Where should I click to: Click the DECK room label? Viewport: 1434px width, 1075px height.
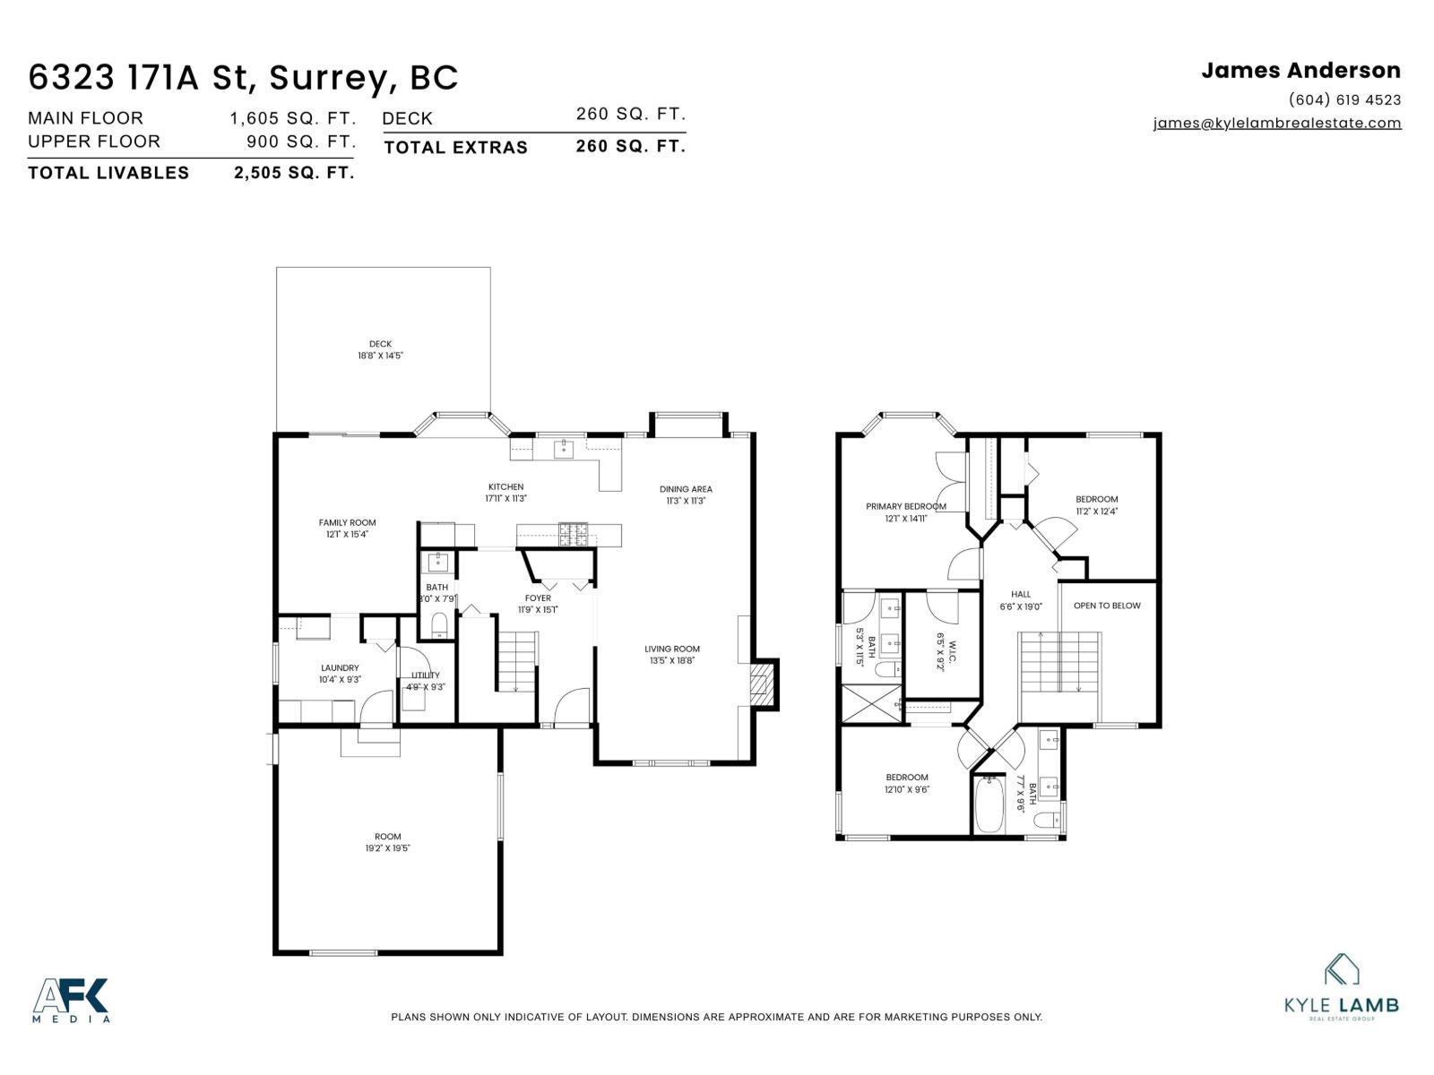tap(380, 344)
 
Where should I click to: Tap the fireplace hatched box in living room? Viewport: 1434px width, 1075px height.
tap(761, 684)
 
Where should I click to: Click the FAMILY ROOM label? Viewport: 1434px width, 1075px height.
tap(347, 522)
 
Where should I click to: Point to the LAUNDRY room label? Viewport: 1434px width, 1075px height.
tap(340, 667)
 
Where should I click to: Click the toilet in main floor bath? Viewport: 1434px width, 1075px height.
tap(439, 624)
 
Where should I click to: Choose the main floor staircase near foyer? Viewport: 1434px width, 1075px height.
tap(516, 661)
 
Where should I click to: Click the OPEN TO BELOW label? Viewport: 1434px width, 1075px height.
tap(1107, 606)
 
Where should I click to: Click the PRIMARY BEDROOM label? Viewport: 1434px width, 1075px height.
tap(905, 506)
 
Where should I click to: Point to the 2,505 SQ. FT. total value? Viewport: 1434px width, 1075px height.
tap(294, 173)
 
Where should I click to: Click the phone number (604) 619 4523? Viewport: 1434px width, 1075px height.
tap(1344, 99)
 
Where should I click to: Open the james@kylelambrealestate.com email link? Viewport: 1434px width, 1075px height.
tap(1277, 124)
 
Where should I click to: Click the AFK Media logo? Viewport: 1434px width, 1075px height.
tap(72, 1000)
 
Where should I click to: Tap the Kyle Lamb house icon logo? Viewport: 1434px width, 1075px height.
tap(1342, 969)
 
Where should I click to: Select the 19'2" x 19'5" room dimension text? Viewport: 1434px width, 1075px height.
tap(387, 848)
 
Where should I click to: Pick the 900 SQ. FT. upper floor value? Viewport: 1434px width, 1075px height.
tap(301, 142)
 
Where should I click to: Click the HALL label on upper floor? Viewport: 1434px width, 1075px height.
tap(1021, 594)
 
